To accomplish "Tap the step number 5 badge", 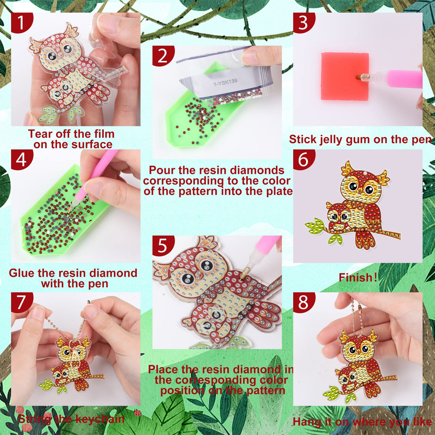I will [x=162, y=245].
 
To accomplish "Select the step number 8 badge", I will [x=303, y=302].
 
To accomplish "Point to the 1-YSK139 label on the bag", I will [x=225, y=82].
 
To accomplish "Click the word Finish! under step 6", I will [x=358, y=277].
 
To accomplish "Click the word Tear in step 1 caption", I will [x=40, y=134].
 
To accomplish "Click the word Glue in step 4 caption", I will [x=22, y=273].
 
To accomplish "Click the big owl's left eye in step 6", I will [x=352, y=186].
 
